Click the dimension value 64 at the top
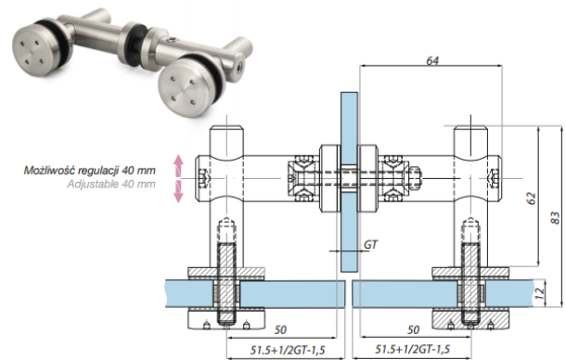point(432,60)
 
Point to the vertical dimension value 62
point(532,198)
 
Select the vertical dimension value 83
point(556,218)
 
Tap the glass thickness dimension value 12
point(539,293)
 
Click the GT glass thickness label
point(370,245)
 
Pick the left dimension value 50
point(280,329)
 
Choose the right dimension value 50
point(413,329)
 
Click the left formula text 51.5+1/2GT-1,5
point(288,350)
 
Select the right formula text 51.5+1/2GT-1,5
point(412,349)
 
